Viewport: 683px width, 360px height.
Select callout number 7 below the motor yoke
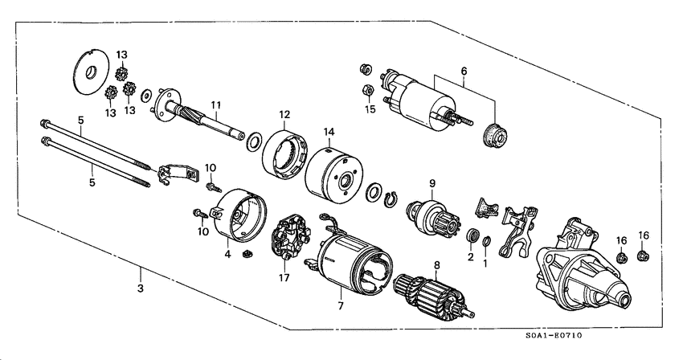coord(339,306)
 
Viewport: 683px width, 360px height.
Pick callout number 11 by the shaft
coord(215,104)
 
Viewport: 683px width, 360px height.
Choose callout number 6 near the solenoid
coord(463,72)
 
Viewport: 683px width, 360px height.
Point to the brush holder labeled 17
coord(287,239)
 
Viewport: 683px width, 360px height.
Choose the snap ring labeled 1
coord(486,242)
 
